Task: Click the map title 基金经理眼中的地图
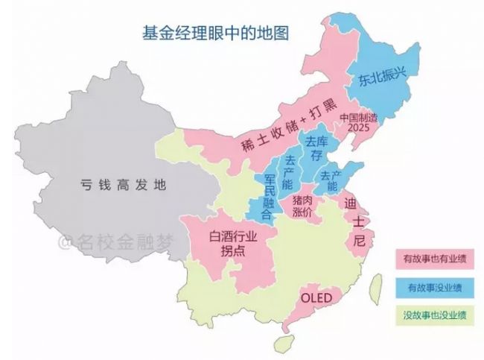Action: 215,33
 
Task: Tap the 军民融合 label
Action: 267,195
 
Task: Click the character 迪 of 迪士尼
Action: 351,202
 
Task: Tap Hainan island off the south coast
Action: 283,344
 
